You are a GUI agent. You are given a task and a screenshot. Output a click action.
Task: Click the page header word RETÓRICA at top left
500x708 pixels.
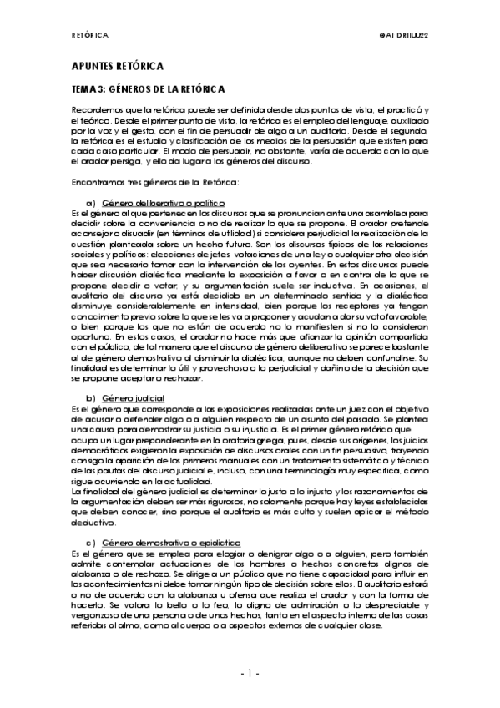pyautogui.click(x=90, y=36)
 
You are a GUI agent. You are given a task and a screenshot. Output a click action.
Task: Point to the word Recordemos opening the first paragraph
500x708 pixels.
pyautogui.click(x=98, y=110)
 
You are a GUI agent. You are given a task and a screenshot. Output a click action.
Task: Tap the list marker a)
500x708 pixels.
pyautogui.click(x=90, y=203)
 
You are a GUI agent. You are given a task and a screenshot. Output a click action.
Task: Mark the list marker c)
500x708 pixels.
pyautogui.click(x=90, y=544)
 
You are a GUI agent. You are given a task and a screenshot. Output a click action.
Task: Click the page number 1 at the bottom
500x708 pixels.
pyautogui.click(x=250, y=672)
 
